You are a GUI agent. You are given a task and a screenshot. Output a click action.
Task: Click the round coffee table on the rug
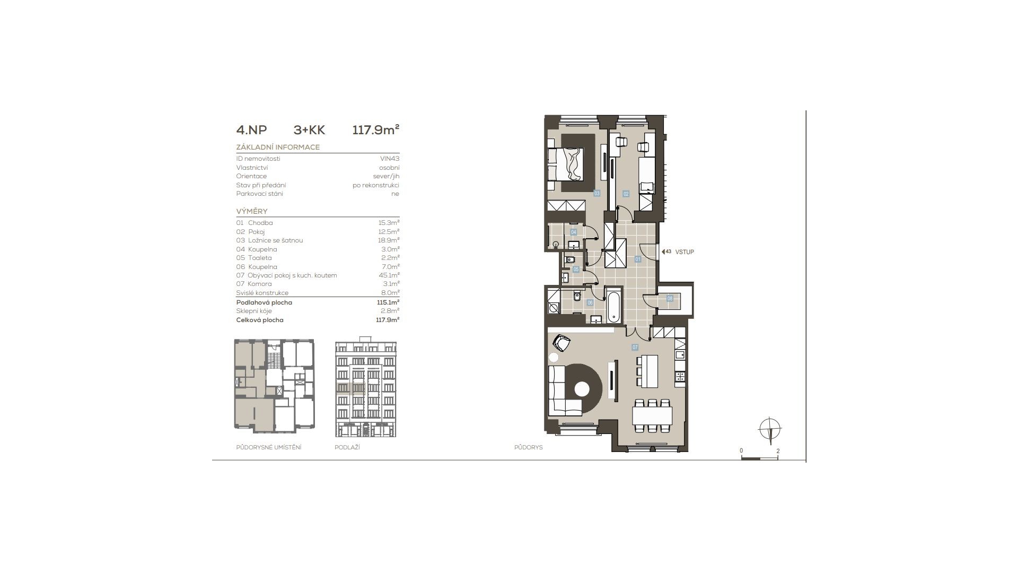[x=582, y=389]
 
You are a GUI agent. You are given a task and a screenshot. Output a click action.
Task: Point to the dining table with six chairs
[x=652, y=415]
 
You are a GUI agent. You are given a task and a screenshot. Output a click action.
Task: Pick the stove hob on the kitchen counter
[x=679, y=377]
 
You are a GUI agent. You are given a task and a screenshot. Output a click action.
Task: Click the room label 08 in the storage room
[x=670, y=299]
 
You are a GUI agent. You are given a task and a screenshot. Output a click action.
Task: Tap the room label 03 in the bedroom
[x=596, y=194]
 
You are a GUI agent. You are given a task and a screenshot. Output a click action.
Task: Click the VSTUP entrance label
[x=684, y=252]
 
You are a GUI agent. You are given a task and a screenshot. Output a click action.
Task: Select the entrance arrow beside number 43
[x=663, y=252]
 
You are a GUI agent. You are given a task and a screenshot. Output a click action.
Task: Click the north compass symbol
[x=770, y=429]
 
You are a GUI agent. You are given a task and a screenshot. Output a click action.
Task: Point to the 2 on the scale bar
[x=778, y=451]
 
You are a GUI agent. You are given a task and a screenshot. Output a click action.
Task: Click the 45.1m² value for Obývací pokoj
[x=391, y=275]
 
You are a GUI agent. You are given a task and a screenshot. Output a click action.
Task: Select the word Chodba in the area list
[x=260, y=223]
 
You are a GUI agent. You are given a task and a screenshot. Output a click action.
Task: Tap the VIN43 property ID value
[x=390, y=159]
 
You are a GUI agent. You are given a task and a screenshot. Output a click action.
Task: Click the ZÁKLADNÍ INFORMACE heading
[x=278, y=147]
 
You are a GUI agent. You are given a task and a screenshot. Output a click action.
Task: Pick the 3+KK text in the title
[x=309, y=130]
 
